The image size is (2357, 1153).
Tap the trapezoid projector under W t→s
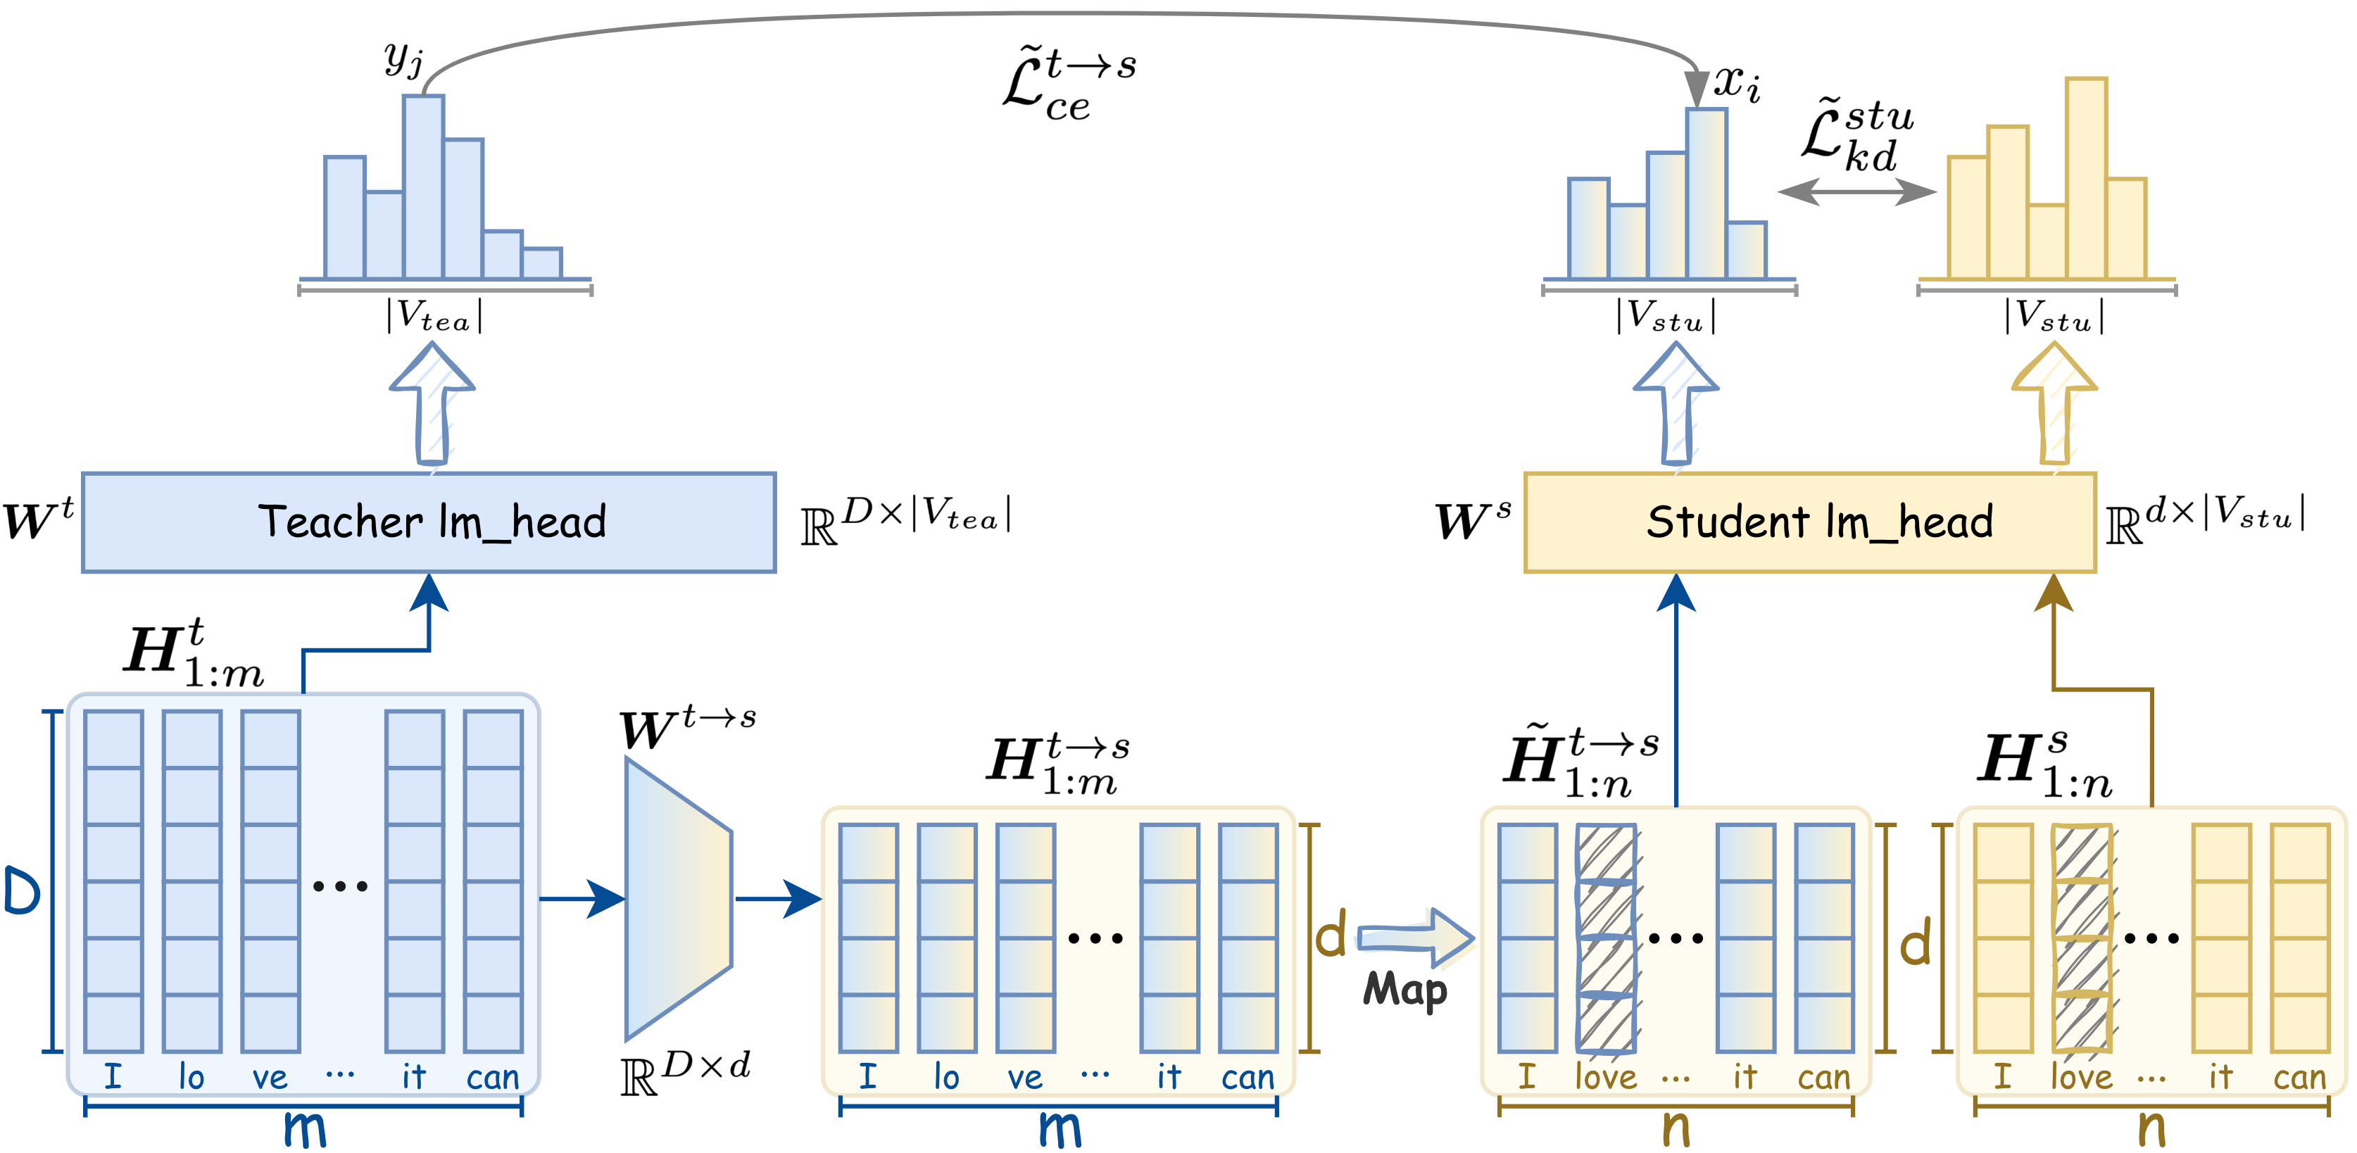click(x=678, y=899)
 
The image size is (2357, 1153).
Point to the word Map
click(x=1404, y=991)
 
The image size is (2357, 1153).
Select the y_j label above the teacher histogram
click(x=403, y=59)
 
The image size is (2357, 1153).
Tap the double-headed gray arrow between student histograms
click(x=1856, y=191)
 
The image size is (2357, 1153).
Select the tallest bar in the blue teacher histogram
click(x=424, y=187)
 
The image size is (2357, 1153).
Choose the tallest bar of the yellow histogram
click(x=2086, y=179)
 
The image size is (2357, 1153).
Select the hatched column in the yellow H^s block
click(x=2082, y=938)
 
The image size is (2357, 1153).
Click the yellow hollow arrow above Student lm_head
click(x=2054, y=403)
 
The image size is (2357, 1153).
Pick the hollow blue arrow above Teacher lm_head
click(x=432, y=403)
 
